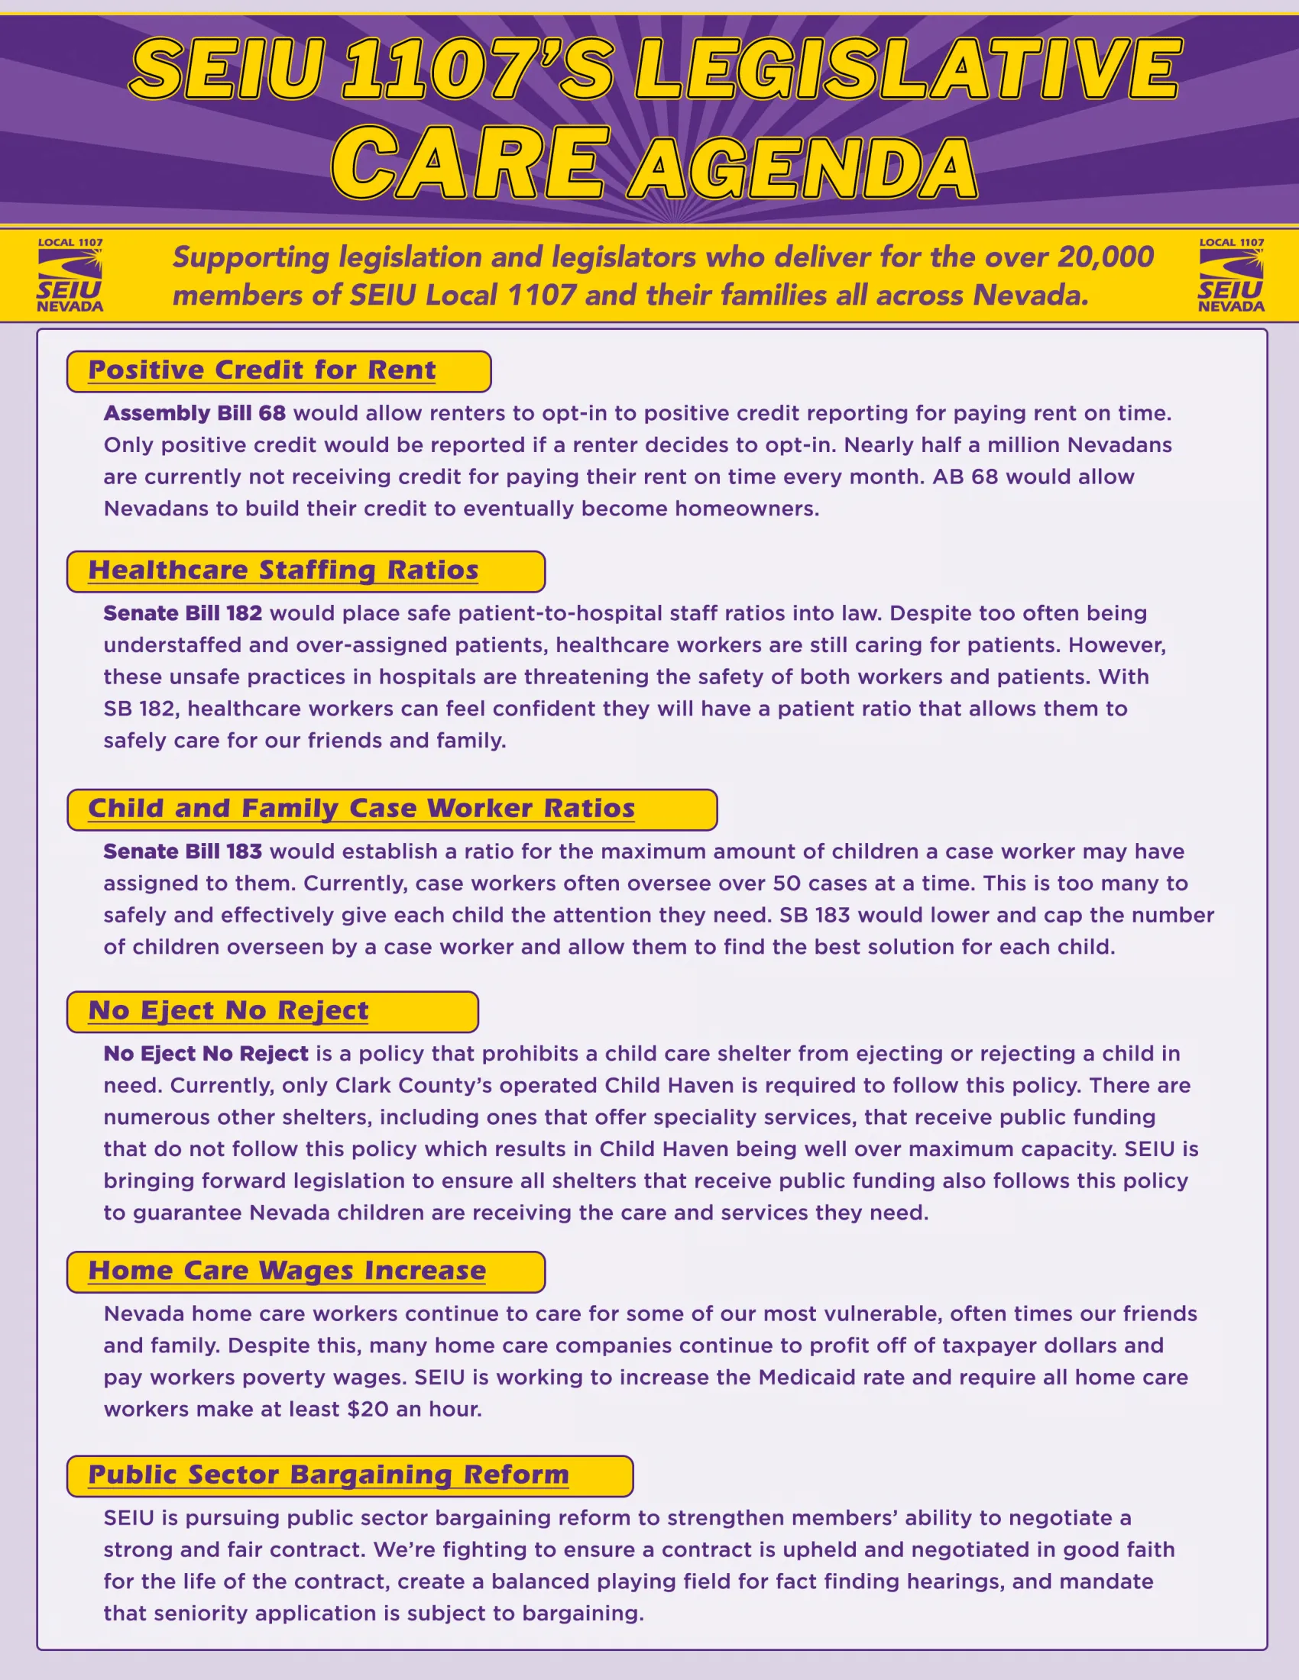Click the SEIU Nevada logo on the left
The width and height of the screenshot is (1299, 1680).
pyautogui.click(x=70, y=276)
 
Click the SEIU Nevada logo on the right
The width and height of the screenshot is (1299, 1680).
pyautogui.click(x=1230, y=276)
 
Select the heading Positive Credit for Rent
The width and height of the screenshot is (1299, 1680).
pyautogui.click(x=261, y=371)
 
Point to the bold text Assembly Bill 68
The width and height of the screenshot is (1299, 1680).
pyautogui.click(x=195, y=414)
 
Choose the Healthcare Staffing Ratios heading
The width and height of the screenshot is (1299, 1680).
pyautogui.click(x=283, y=570)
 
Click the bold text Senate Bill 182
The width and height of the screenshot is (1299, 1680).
pyautogui.click(x=183, y=614)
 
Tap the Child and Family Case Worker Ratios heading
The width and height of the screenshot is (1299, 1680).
pyautogui.click(x=361, y=809)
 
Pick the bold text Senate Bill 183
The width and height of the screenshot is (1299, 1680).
pyautogui.click(x=183, y=852)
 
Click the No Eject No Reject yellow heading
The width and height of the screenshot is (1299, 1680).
pyautogui.click(x=228, y=1012)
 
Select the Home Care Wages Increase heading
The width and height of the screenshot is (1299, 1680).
pyautogui.click(x=287, y=1271)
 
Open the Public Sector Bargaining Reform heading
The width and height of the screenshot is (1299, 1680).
pyautogui.click(x=329, y=1475)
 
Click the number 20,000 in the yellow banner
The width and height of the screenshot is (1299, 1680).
pyautogui.click(x=1105, y=257)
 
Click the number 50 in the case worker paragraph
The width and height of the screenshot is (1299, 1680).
pyautogui.click(x=786, y=884)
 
